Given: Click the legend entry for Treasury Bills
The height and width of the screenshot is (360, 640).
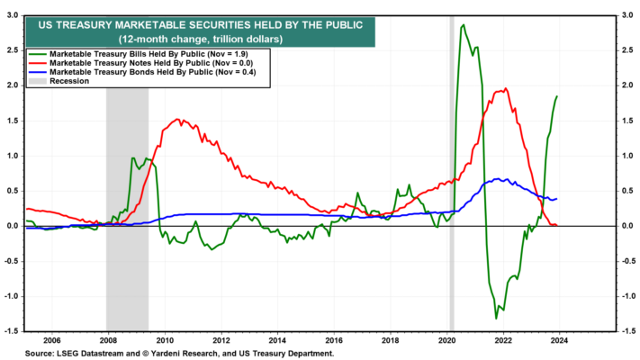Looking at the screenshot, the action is [x=138, y=54].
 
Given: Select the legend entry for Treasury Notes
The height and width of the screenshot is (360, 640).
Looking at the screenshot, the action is [x=140, y=63].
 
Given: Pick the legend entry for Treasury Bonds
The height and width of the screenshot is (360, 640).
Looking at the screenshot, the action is [x=142, y=72].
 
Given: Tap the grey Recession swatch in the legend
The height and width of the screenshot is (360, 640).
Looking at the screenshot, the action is [x=37, y=81].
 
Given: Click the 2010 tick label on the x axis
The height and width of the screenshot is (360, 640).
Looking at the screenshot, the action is [x=165, y=340].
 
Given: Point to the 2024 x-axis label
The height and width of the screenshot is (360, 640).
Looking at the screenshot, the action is [x=559, y=340].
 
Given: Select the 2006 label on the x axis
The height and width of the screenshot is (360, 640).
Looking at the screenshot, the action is [x=52, y=340].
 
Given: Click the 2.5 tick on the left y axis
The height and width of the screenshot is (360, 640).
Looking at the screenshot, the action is [x=14, y=50].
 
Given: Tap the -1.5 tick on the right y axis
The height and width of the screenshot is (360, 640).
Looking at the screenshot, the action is [x=627, y=331].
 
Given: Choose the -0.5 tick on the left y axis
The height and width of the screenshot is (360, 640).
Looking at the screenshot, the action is [x=12, y=261].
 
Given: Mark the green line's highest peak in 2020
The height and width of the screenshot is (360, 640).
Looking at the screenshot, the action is [x=463, y=25].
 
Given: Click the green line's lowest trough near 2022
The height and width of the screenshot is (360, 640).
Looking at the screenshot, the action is [x=496, y=319].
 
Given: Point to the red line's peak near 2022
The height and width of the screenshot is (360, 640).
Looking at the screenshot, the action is [x=506, y=88].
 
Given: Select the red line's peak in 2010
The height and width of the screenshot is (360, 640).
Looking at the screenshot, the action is [x=177, y=119].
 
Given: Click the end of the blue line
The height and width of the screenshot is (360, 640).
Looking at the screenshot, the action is [x=556, y=199].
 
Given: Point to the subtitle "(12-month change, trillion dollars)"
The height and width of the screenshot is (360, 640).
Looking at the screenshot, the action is [x=201, y=40].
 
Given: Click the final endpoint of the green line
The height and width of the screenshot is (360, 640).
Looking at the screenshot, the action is [x=557, y=96].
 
